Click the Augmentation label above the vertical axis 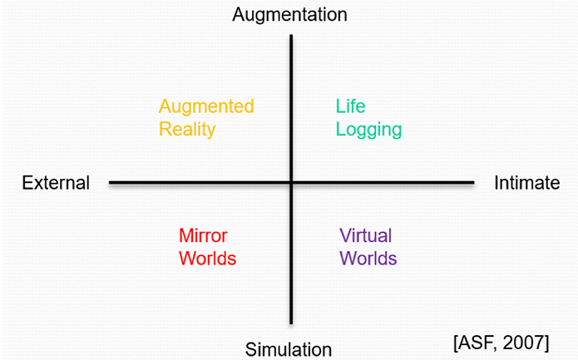pyautogui.click(x=289, y=14)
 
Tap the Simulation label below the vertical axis pyautogui.click(x=289, y=349)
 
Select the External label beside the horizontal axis pyautogui.click(x=56, y=183)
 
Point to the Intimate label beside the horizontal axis pyautogui.click(x=527, y=183)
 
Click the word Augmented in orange pyautogui.click(x=206, y=107)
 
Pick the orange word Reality pyautogui.click(x=187, y=130)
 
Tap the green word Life pyautogui.click(x=350, y=107)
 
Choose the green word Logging pyautogui.click(x=368, y=131)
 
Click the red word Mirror pyautogui.click(x=203, y=235)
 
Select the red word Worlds pyautogui.click(x=208, y=259)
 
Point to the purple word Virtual pyautogui.click(x=365, y=235)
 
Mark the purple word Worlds pyautogui.click(x=368, y=258)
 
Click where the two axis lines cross pyautogui.click(x=291, y=182)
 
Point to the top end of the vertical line pyautogui.click(x=291, y=36)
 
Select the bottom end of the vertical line pyautogui.click(x=291, y=323)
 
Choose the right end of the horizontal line pyautogui.click(x=472, y=182)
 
